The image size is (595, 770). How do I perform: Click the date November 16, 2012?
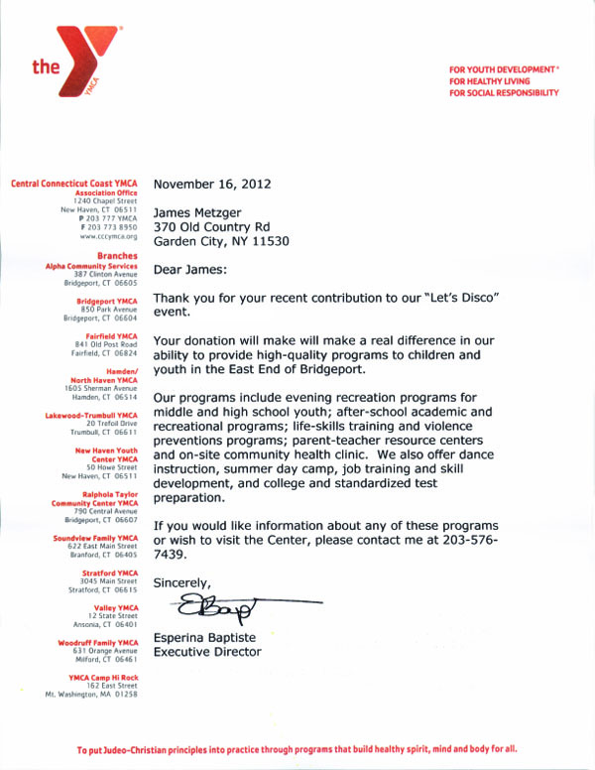click(211, 184)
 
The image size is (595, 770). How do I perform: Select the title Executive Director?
click(207, 652)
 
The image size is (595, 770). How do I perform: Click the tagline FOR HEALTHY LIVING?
click(490, 79)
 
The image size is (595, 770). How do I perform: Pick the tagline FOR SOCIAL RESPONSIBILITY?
click(504, 92)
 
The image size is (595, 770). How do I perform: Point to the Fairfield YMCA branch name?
click(115, 333)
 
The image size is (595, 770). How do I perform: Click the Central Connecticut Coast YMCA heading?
click(74, 184)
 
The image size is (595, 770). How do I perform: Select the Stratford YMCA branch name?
click(114, 573)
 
